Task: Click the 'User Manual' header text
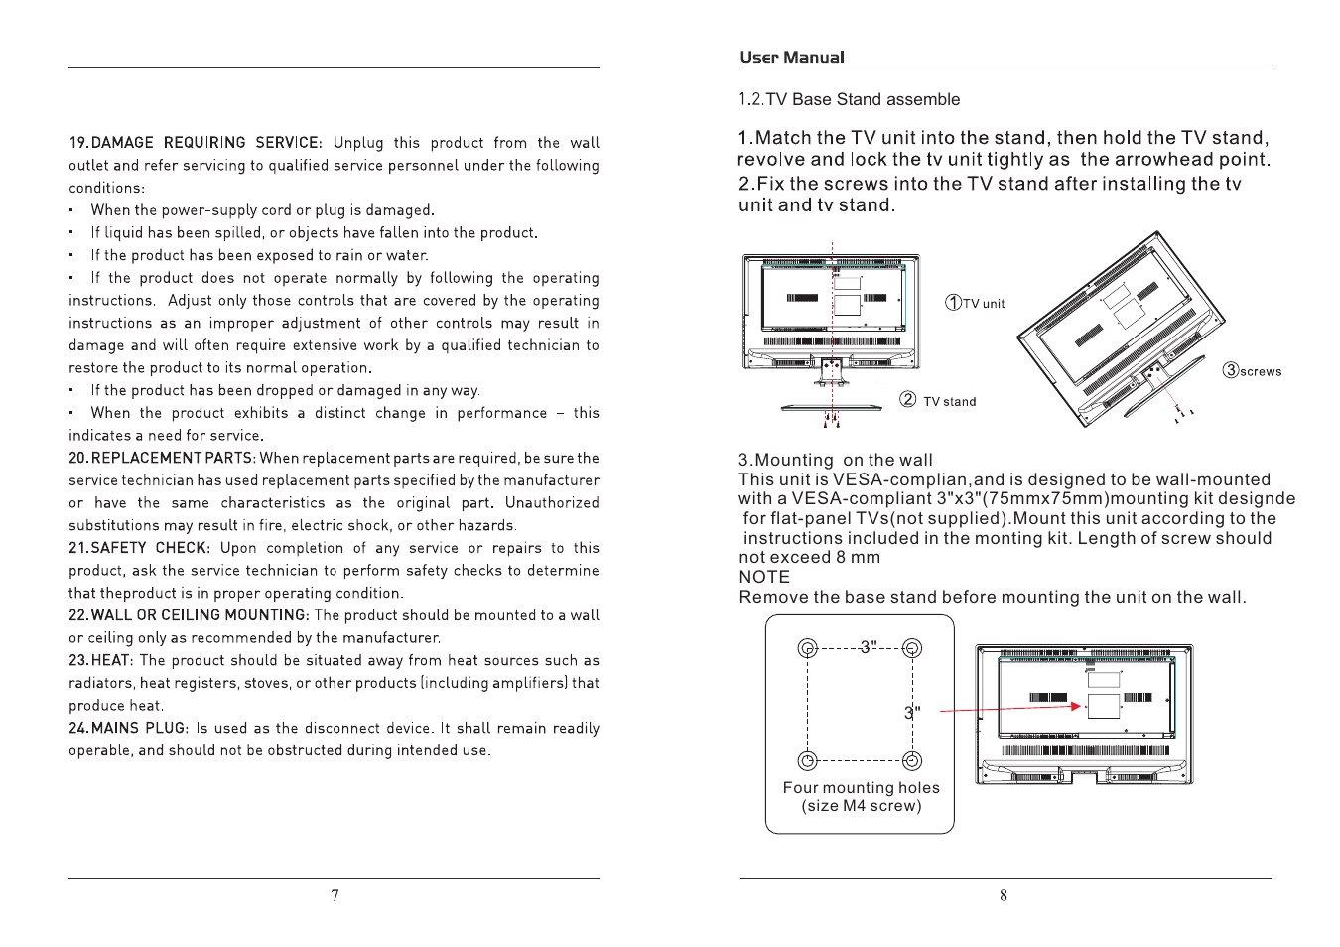click(x=791, y=58)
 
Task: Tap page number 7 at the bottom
click(x=335, y=895)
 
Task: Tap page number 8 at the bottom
click(x=1004, y=895)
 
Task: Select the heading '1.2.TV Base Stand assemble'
click(x=849, y=99)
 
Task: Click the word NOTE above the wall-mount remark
click(x=764, y=577)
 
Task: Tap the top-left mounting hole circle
click(x=808, y=648)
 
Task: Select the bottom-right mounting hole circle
click(x=912, y=760)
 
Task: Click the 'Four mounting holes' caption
click(x=861, y=788)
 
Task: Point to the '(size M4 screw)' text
click(x=861, y=806)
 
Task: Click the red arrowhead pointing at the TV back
click(x=1076, y=706)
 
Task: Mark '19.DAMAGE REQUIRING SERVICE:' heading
click(x=195, y=143)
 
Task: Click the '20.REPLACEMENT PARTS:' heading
click(x=163, y=458)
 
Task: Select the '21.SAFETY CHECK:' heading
click(x=139, y=548)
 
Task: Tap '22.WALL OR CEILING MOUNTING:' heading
click(x=189, y=615)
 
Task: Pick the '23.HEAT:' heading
click(x=100, y=660)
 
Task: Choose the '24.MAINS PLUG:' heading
click(x=128, y=728)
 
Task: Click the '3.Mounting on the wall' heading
click(x=835, y=460)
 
